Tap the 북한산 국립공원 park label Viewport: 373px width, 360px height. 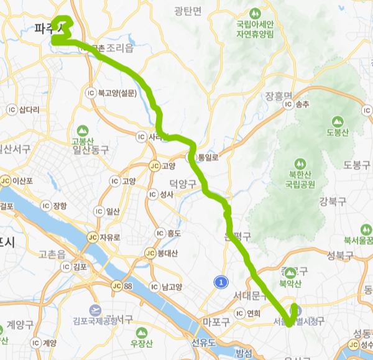pyautogui.click(x=300, y=179)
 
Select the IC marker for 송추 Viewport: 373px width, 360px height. pyautogui.click(x=288, y=104)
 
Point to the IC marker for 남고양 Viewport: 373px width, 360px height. pyautogui.click(x=154, y=287)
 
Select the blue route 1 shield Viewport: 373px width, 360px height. pyautogui.click(x=219, y=282)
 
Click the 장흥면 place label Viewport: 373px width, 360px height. pyautogui.click(x=279, y=96)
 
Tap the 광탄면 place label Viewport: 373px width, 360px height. pyautogui.click(x=188, y=12)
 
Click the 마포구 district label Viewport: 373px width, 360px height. pyautogui.click(x=216, y=321)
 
